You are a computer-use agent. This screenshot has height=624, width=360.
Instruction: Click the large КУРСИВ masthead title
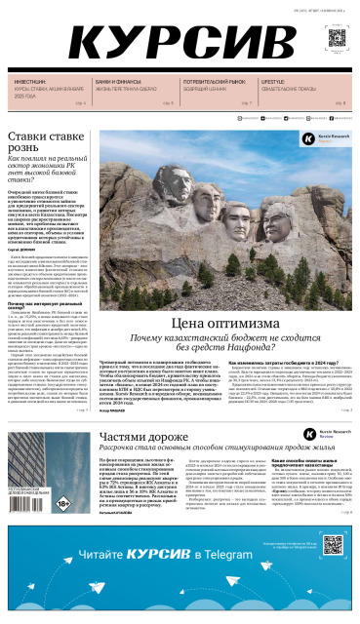pyautogui.click(x=176, y=43)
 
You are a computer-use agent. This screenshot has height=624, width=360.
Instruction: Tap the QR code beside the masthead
pyautogui.click(x=336, y=39)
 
